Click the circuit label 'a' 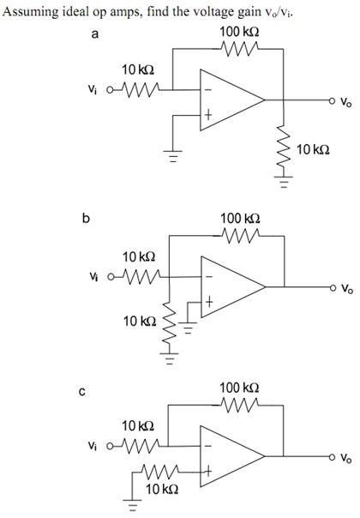(x=94, y=35)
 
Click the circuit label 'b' (x=85, y=218)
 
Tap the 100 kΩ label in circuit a (x=241, y=32)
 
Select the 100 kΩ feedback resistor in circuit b (x=241, y=234)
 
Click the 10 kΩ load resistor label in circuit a (x=315, y=150)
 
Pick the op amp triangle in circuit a (x=229, y=102)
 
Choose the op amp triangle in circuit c (x=229, y=458)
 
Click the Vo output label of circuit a (x=345, y=102)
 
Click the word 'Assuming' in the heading (x=27, y=10)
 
